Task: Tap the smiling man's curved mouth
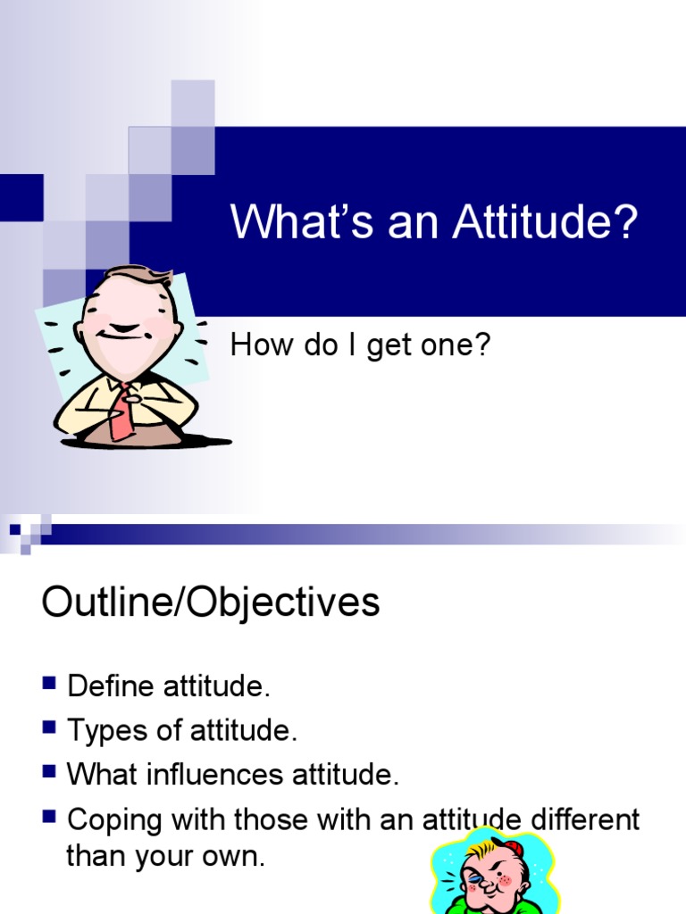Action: click(x=120, y=337)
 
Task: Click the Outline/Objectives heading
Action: click(x=211, y=602)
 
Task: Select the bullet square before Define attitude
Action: click(x=48, y=685)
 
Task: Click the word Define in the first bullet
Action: click(x=111, y=686)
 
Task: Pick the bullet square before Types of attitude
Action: click(x=48, y=728)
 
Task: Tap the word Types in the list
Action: click(x=105, y=731)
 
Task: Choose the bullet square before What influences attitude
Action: click(x=48, y=773)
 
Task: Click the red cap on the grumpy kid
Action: click(x=512, y=846)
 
